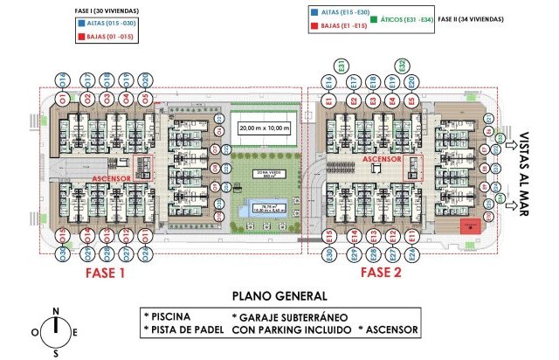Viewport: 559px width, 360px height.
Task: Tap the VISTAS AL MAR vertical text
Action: (524, 174)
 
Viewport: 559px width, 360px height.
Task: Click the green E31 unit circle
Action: (343, 66)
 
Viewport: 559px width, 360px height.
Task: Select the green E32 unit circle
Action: (401, 66)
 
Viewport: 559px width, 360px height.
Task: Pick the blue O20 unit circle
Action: (144, 78)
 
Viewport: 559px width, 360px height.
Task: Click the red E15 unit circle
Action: (329, 236)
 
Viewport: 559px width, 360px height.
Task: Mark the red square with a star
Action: (471, 226)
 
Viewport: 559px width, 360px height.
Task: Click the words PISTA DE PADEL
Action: (186, 329)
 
